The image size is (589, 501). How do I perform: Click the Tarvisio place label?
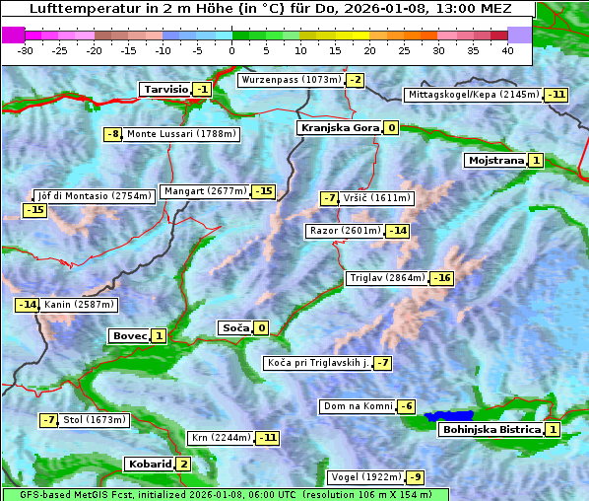(x=164, y=89)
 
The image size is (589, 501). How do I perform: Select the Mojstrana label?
(x=495, y=160)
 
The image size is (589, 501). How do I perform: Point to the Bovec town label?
(x=129, y=336)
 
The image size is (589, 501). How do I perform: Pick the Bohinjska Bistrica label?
(x=491, y=429)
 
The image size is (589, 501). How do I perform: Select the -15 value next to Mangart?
(x=263, y=191)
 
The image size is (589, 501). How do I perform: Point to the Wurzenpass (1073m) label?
(x=292, y=80)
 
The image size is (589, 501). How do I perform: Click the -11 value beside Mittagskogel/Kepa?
(x=556, y=95)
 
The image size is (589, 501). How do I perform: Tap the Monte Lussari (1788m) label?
(x=181, y=134)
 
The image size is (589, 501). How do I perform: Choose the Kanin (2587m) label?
(x=78, y=305)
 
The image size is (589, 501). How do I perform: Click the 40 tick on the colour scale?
(x=507, y=49)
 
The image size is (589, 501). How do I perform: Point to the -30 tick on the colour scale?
(x=26, y=49)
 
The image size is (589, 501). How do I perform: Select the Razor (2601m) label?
(x=344, y=231)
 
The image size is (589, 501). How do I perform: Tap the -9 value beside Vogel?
(x=416, y=477)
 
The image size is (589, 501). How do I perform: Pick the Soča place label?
(x=234, y=328)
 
